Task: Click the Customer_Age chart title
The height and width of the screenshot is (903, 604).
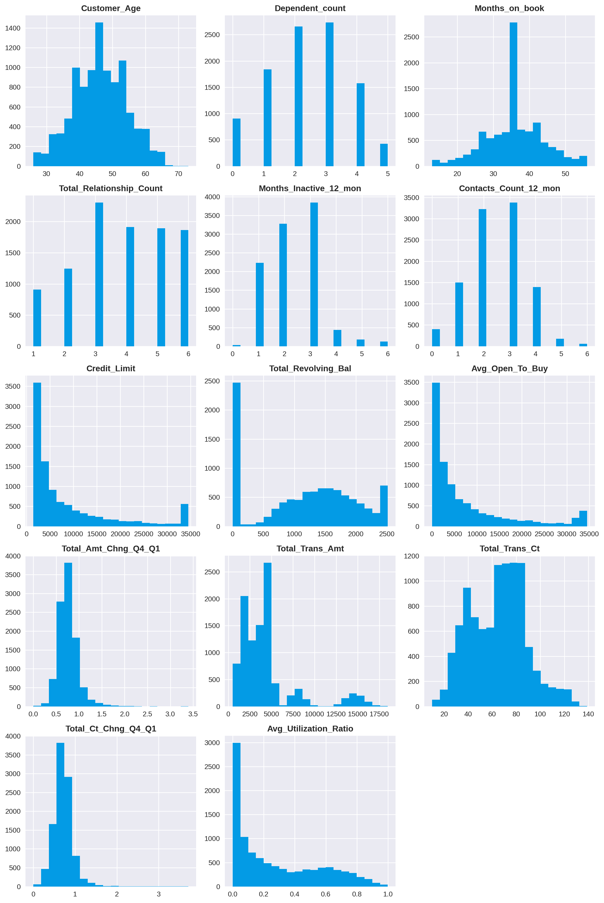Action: [x=111, y=9]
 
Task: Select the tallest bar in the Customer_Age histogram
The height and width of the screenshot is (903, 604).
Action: [x=99, y=94]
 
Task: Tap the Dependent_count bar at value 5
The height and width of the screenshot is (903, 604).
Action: [x=384, y=155]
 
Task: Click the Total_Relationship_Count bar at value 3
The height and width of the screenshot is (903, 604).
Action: [x=99, y=274]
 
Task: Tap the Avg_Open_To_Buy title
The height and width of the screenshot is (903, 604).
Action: [x=509, y=369]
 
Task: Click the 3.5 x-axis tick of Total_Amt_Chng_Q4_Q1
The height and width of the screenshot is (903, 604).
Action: [x=193, y=714]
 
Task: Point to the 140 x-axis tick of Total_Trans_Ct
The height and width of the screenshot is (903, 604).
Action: [x=588, y=714]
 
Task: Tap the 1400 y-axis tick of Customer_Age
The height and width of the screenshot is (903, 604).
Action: [x=13, y=28]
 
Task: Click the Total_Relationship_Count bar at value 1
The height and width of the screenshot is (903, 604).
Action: [x=37, y=318]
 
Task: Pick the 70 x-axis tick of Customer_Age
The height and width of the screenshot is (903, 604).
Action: [x=178, y=174]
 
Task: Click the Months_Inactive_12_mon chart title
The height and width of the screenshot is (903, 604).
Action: [x=310, y=188]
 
